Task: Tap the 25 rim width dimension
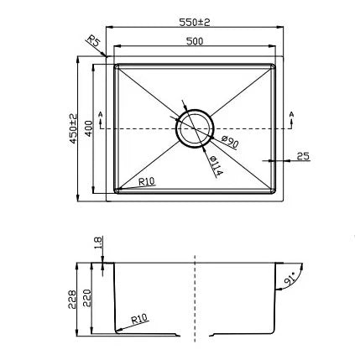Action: (x=303, y=155)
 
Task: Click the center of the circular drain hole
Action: (x=196, y=128)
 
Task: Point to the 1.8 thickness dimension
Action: (x=98, y=245)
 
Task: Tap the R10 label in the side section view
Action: (x=139, y=319)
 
